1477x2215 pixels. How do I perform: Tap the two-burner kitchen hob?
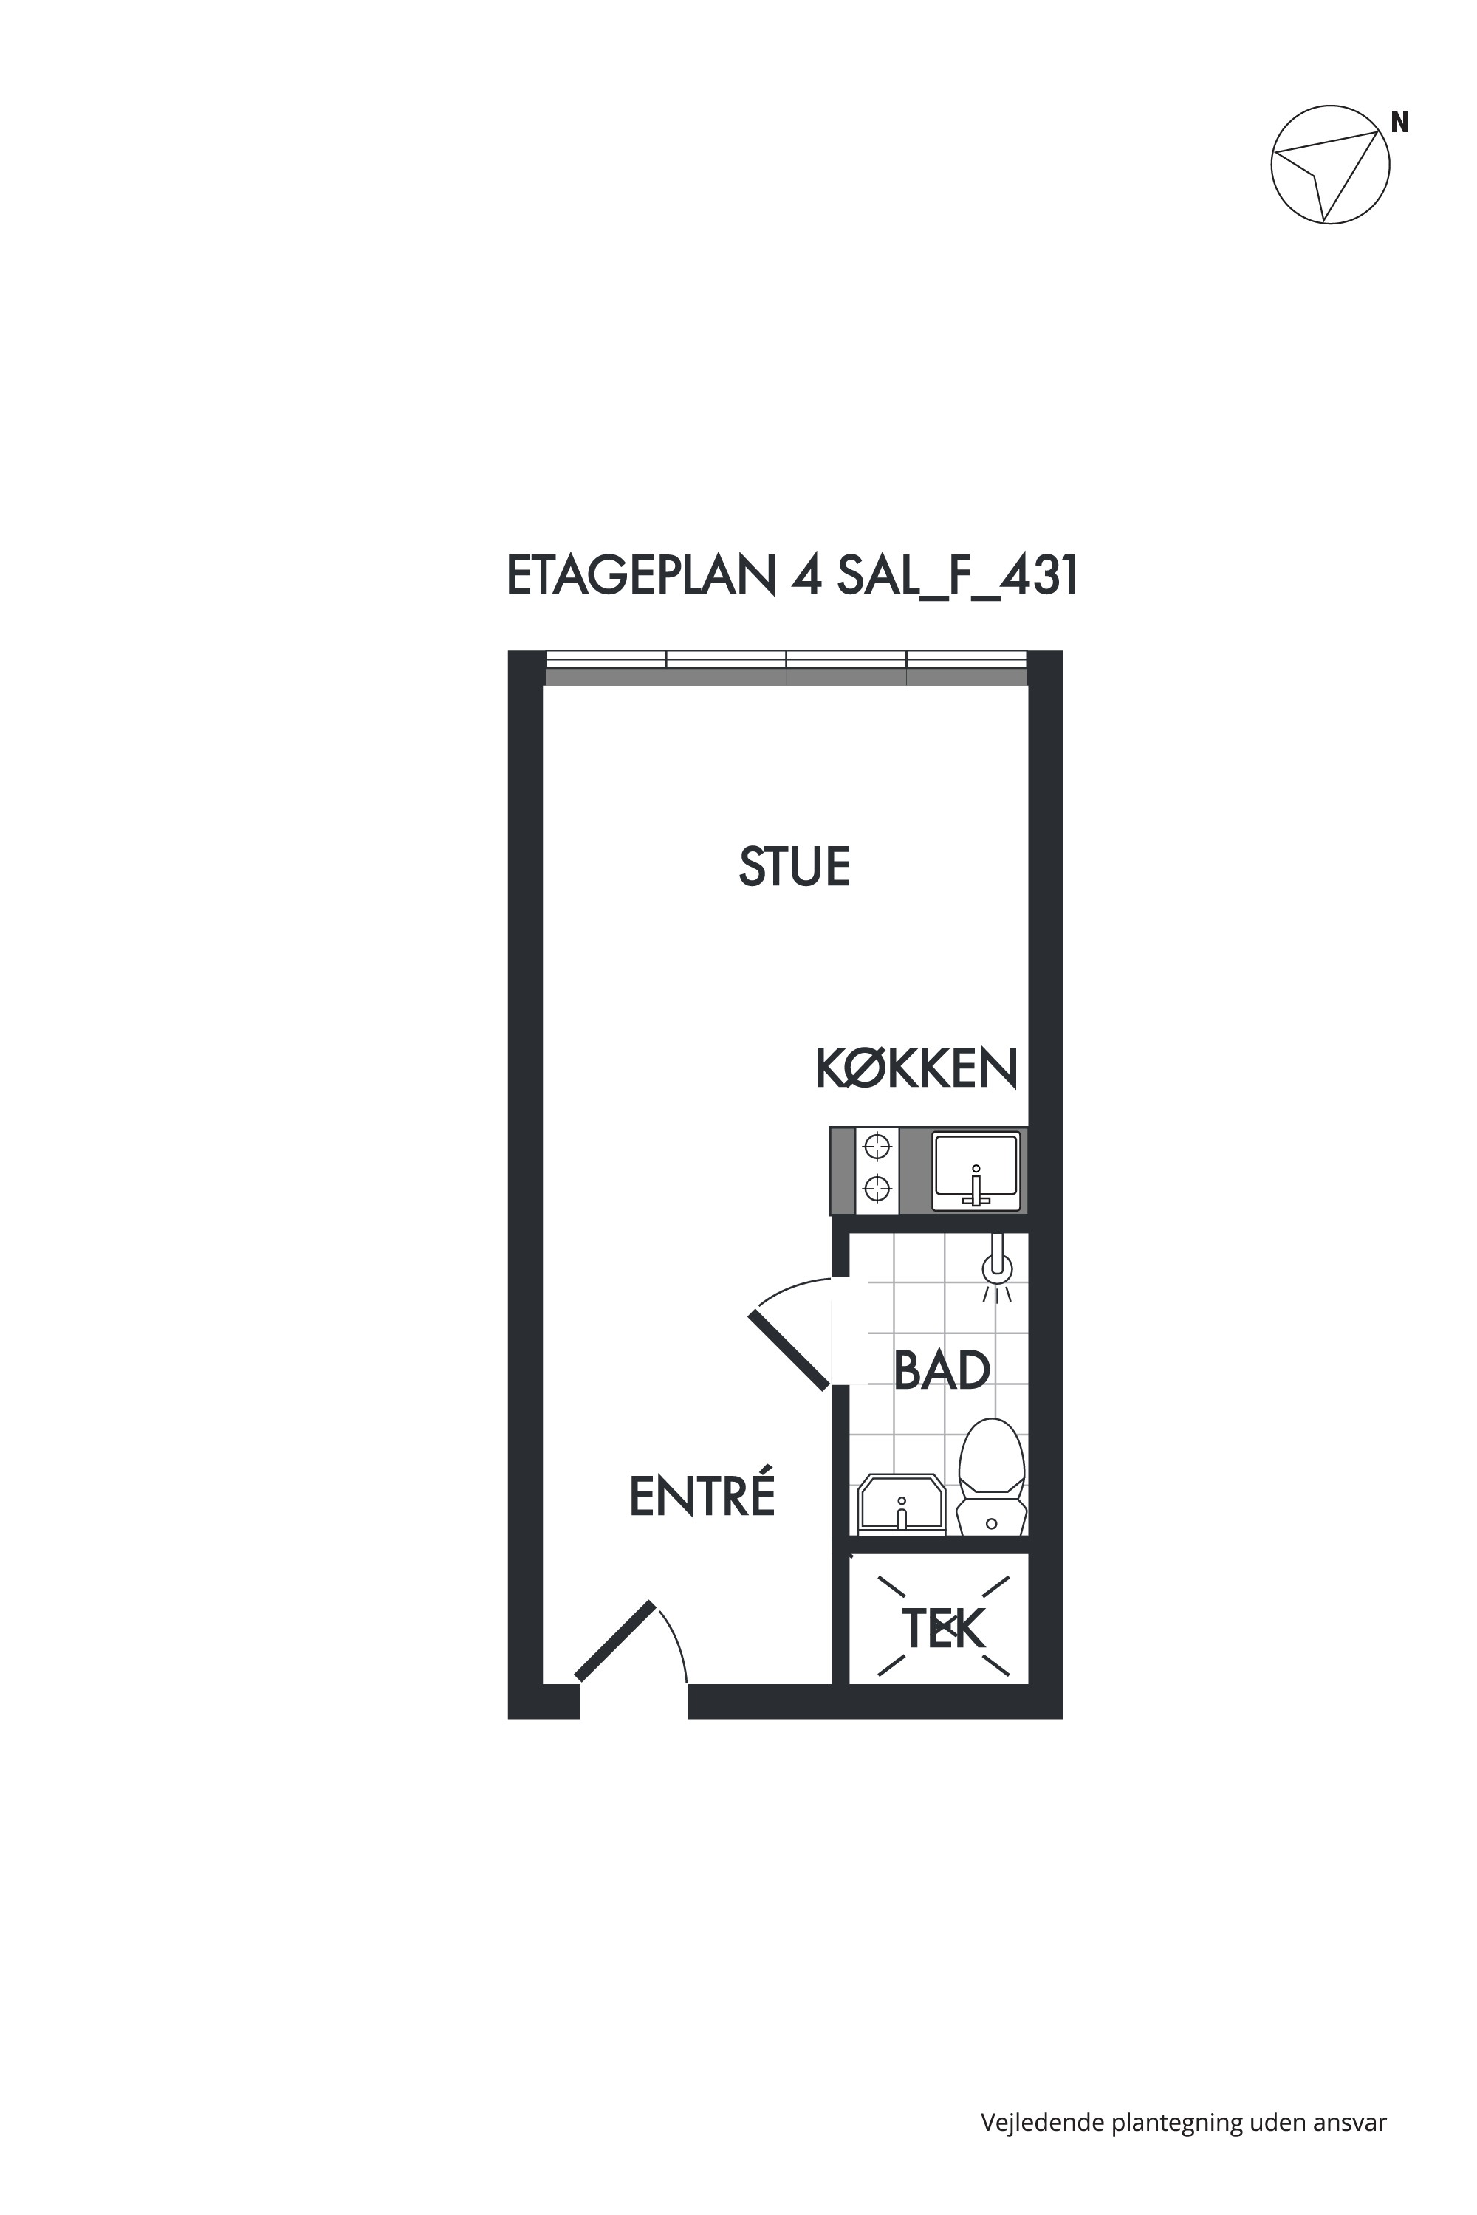877,1170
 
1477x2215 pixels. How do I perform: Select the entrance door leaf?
615,1641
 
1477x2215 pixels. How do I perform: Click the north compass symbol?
1330,164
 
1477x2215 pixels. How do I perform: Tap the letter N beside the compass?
1399,123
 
